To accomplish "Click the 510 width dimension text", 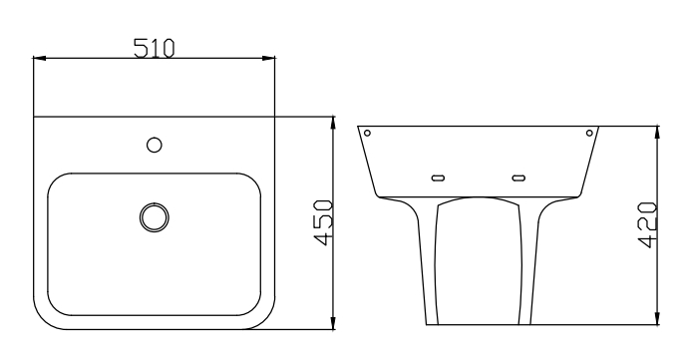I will [154, 47].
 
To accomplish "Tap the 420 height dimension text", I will [645, 224].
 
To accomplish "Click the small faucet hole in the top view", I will [154, 145].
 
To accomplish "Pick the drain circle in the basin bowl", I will [154, 215].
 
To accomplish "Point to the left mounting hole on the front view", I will [368, 133].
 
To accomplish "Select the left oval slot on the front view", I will [437, 179].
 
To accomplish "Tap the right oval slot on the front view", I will [517, 179].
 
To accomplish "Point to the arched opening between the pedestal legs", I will [479, 259].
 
